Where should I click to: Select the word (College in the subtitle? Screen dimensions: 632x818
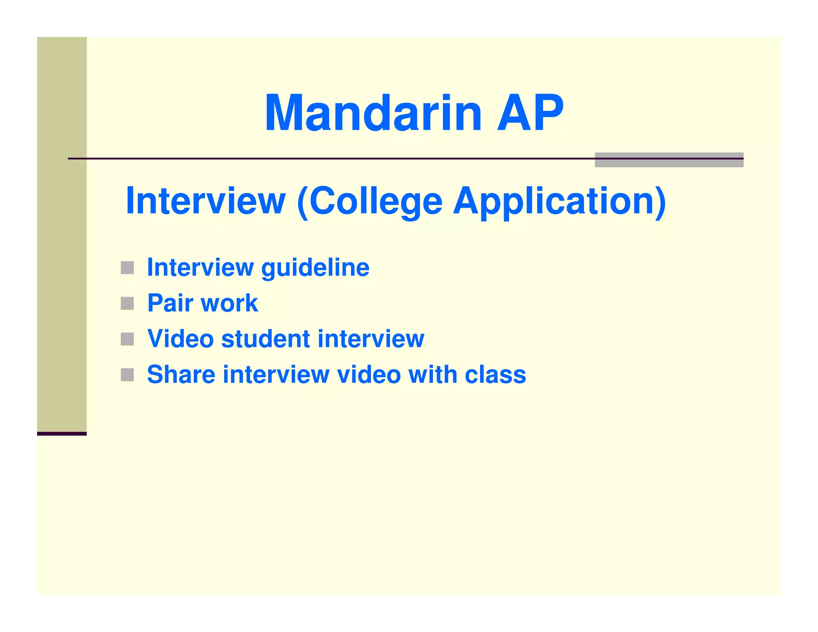[370, 202]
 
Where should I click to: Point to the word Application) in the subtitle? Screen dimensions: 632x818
[559, 202]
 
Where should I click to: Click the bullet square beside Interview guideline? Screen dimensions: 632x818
[127, 268]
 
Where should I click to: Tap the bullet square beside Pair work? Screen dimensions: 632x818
[127, 303]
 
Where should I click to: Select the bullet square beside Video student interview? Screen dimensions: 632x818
[127, 339]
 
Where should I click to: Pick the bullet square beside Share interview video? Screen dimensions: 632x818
[127, 375]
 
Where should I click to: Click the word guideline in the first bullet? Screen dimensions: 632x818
[315, 268]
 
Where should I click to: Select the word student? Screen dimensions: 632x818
[265, 339]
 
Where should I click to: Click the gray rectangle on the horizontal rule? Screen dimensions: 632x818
[669, 160]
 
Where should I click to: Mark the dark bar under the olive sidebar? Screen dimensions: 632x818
[62, 433]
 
